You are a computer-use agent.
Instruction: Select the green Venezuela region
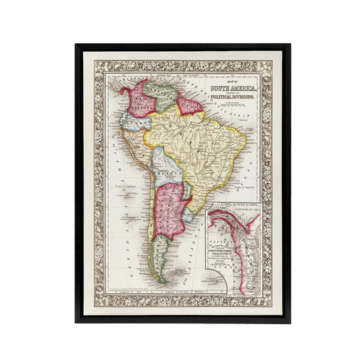click(x=162, y=91)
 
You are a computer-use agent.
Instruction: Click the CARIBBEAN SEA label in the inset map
click(x=246, y=211)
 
